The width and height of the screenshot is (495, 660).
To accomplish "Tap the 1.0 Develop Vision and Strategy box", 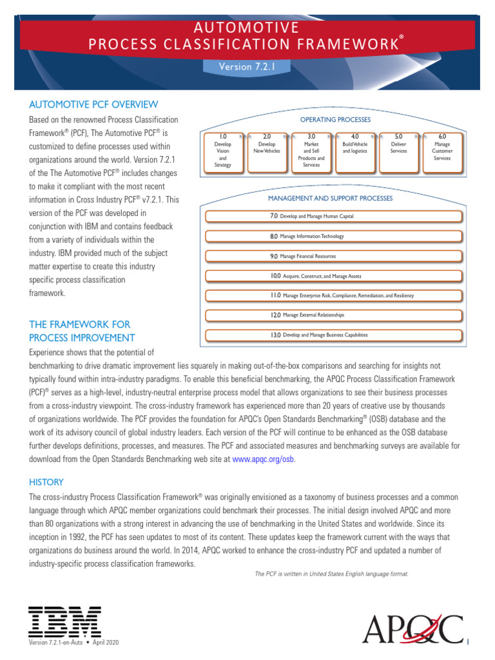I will (223, 152).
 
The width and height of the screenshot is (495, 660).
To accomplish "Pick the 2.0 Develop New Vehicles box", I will (267, 152).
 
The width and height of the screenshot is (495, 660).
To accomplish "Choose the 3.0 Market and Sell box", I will (311, 152).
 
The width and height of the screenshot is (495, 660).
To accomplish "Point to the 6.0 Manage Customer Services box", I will (442, 152).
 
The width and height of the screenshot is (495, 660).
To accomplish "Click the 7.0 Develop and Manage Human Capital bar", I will (333, 217).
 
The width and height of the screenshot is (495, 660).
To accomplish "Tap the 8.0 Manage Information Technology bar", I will (333, 237).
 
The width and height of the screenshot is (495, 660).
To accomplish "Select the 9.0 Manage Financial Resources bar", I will (333, 257).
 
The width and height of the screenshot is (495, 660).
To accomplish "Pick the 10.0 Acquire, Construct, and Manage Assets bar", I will (333, 276).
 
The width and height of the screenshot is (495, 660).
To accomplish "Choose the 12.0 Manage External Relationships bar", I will (333, 315).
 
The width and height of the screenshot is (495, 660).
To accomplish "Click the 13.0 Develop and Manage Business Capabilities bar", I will (333, 335).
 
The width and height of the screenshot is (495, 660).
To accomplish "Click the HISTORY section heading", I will (46, 482).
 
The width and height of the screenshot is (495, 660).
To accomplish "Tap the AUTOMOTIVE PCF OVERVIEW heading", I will (93, 104).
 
